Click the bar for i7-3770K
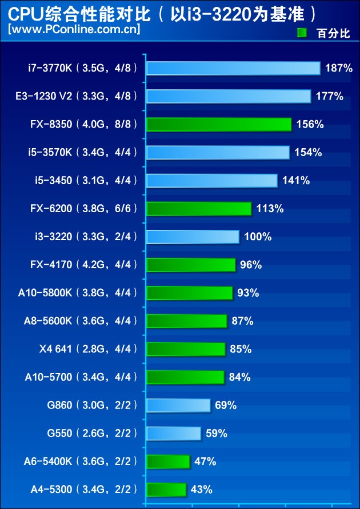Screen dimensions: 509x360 (233, 69)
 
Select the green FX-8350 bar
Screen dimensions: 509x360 (218, 125)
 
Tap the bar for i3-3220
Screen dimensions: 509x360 (193, 237)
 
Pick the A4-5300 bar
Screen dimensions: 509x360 (166, 490)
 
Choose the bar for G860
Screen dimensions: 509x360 (178, 405)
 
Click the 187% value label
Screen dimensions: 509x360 (339, 69)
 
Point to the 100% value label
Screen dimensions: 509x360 (258, 237)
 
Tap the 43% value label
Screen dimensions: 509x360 (203, 490)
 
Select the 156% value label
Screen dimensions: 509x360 (310, 125)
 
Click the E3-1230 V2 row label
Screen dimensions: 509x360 (77, 97)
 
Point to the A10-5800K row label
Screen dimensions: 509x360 (78, 293)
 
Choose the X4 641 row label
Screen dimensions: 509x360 (89, 349)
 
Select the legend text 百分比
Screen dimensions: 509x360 (333, 33)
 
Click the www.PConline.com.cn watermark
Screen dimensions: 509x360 (74, 29)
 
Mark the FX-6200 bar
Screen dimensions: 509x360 (198, 209)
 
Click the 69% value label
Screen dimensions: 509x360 (226, 405)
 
